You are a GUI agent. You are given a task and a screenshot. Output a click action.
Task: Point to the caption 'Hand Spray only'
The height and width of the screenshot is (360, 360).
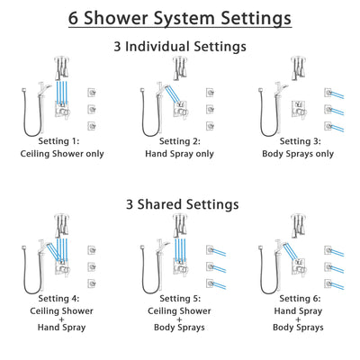pos(177,153)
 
